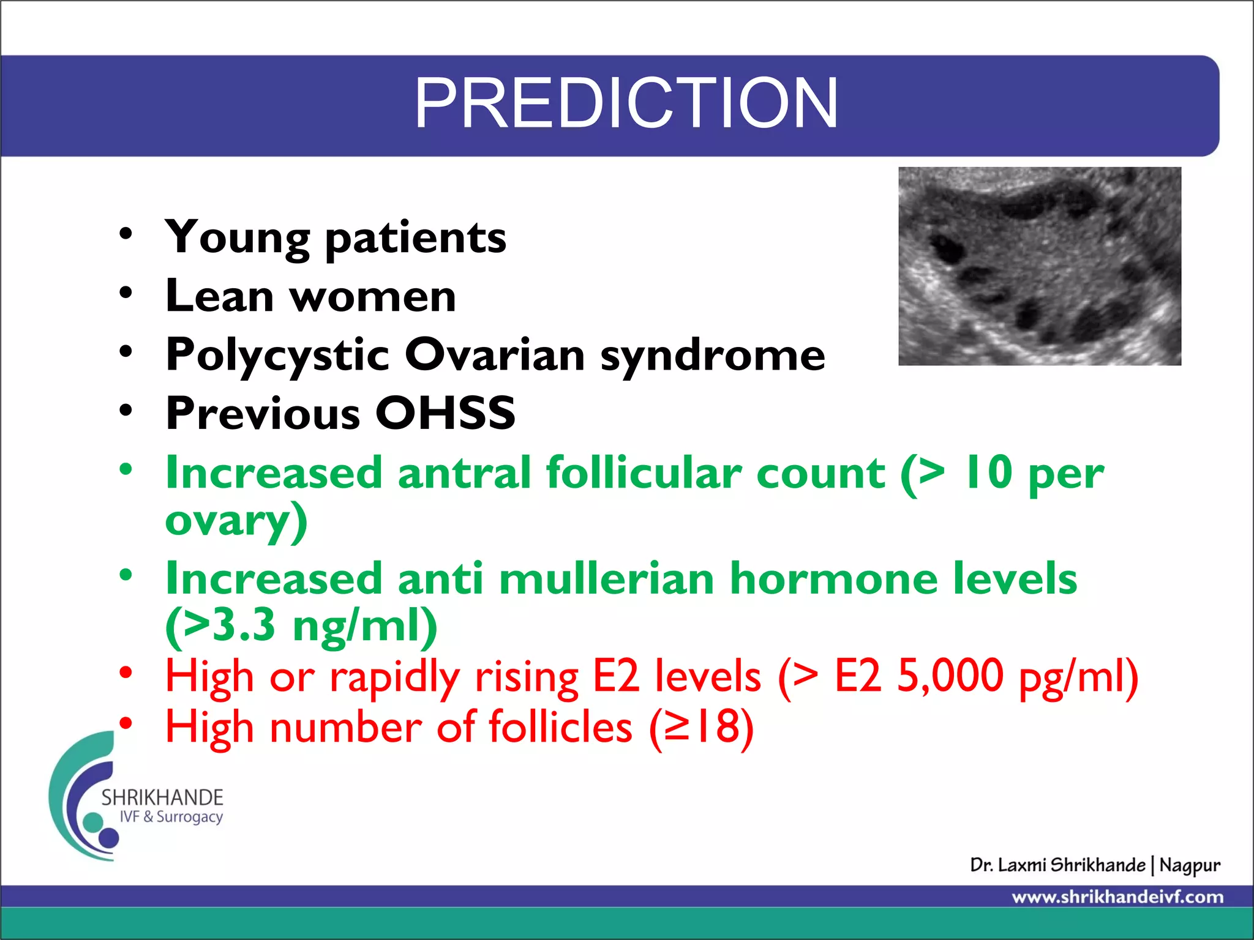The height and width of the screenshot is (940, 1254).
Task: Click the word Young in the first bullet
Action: coord(238,237)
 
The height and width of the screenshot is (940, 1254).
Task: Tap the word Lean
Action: coord(219,296)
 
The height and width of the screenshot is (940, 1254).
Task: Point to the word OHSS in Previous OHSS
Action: coord(445,413)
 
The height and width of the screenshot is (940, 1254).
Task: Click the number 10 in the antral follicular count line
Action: coord(988,472)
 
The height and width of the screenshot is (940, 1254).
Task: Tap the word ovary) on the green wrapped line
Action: coord(236,521)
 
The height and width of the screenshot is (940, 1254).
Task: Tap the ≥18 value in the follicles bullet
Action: coord(702,727)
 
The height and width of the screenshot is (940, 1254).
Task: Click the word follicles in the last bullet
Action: coord(560,727)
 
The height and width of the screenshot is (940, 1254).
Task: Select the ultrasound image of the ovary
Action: coord(1039,266)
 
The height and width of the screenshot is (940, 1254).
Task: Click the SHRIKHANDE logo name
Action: coord(162,797)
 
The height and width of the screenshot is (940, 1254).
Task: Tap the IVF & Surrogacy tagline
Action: coord(171,817)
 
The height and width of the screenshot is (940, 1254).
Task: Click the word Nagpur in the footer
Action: coord(1189,865)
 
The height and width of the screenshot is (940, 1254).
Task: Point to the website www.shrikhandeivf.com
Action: coord(1117,897)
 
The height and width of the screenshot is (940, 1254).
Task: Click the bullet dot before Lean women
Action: coord(126,293)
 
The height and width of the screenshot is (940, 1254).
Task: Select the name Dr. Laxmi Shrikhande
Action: coord(1057,865)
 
